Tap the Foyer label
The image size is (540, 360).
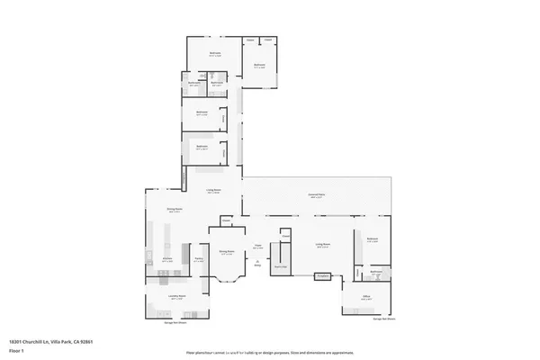256,245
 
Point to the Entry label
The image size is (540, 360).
257,265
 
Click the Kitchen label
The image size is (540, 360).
166,259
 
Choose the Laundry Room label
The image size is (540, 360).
176,296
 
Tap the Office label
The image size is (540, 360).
366,296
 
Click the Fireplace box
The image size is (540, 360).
320,275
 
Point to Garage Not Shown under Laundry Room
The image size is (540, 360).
175,321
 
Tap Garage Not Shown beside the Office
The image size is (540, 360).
383,318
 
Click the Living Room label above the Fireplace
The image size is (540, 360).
322,245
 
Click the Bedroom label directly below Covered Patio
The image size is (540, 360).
372,239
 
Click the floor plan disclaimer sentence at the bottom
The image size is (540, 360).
270,352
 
